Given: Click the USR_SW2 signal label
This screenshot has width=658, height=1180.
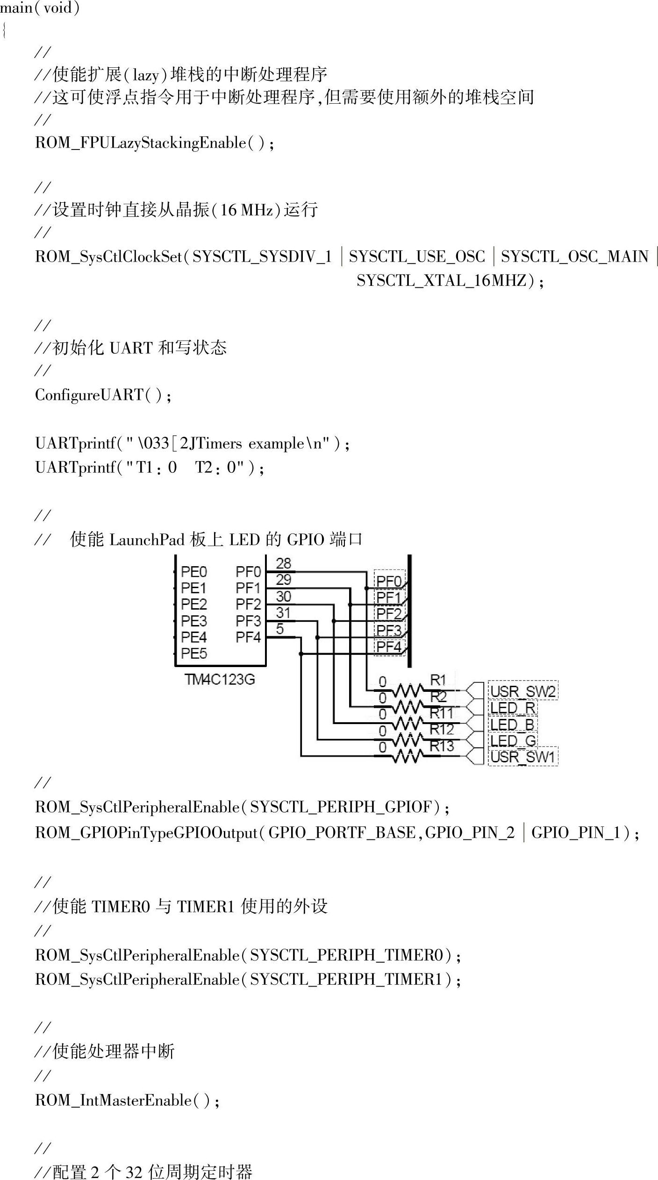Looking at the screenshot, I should click(522, 691).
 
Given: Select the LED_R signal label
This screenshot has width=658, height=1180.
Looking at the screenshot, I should click(513, 708).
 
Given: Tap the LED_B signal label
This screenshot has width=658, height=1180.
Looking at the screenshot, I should click(513, 724).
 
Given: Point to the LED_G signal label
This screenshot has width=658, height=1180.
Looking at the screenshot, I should click(513, 740).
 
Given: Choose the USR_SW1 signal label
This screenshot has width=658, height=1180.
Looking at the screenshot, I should click(522, 757).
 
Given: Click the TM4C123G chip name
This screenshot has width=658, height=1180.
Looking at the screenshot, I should click(220, 679).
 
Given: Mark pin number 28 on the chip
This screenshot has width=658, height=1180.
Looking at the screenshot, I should click(283, 563).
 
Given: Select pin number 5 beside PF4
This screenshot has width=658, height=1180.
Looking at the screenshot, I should click(280, 629).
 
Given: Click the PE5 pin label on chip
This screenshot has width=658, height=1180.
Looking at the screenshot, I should click(194, 654).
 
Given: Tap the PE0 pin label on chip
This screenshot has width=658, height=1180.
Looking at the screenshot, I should click(194, 572).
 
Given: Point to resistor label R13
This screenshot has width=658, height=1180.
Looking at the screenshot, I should click(442, 746).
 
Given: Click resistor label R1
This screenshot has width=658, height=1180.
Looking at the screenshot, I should click(438, 680).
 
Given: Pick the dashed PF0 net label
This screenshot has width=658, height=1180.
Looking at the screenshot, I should click(389, 581).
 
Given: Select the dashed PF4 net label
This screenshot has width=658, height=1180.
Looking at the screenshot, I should click(389, 647).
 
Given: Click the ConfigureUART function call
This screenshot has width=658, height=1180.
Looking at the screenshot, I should click(89, 395).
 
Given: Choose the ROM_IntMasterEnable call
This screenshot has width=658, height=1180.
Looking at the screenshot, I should click(113, 1100).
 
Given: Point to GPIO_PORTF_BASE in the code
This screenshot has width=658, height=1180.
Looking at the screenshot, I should click(342, 832).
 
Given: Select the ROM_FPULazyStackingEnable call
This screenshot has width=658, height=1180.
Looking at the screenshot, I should click(140, 142).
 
